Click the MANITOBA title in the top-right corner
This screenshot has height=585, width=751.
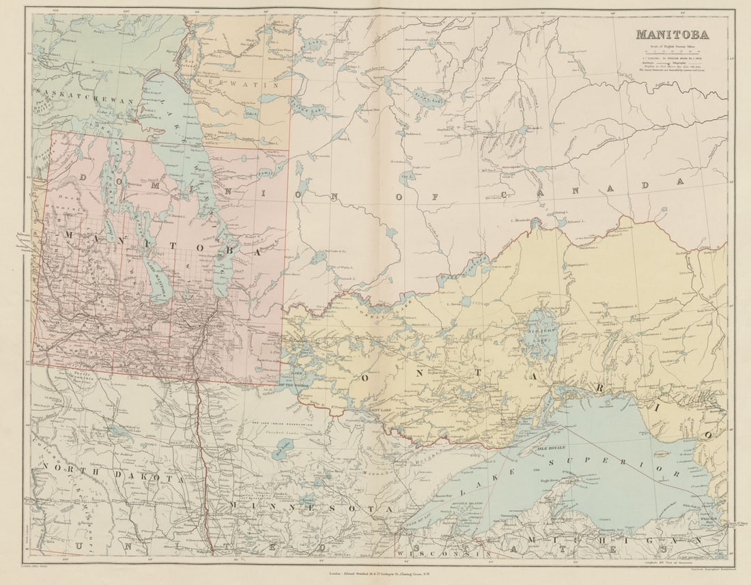672,34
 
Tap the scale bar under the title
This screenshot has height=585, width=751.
672,50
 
